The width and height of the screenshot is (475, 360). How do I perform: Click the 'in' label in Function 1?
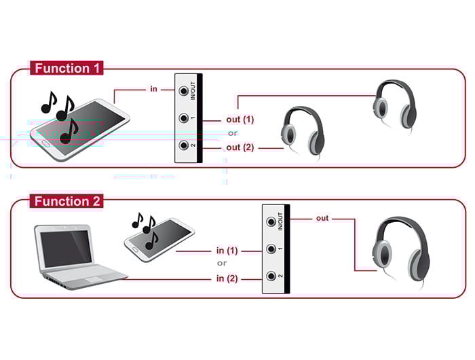point(154,89)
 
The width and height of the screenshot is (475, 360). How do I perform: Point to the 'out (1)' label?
point(240,120)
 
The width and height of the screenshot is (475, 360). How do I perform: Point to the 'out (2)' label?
point(240,147)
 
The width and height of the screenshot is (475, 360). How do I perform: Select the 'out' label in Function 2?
point(322,218)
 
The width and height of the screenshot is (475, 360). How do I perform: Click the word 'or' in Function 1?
point(232,133)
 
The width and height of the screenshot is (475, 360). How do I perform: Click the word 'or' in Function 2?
point(221,264)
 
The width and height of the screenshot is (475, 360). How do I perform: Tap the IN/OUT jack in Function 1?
point(183,90)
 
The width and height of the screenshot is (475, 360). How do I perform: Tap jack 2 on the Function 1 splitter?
point(183,145)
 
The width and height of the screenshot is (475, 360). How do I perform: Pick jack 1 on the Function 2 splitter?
point(271,249)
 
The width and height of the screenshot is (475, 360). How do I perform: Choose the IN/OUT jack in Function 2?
point(271,221)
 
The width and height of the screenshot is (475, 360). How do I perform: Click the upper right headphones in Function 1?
point(394,102)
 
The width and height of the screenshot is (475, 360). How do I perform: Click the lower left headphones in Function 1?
point(300,130)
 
